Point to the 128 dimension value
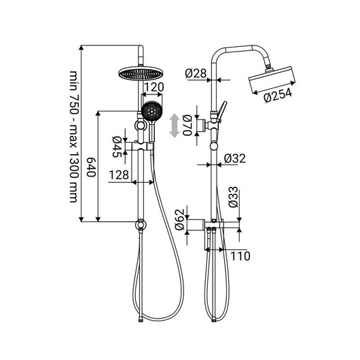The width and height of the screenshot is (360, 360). pyautogui.click(x=118, y=175)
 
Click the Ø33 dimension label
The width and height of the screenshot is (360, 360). pyautogui.click(x=232, y=200)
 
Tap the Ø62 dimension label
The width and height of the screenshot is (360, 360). pyautogui.click(x=179, y=221)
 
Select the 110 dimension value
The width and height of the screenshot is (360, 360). pyautogui.click(x=240, y=256)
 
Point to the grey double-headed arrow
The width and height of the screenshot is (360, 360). pyautogui.click(x=175, y=126)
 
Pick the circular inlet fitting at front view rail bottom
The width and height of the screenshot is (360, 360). pyautogui.click(x=141, y=223)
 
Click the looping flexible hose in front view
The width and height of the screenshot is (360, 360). pyautogui.click(x=170, y=238)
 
